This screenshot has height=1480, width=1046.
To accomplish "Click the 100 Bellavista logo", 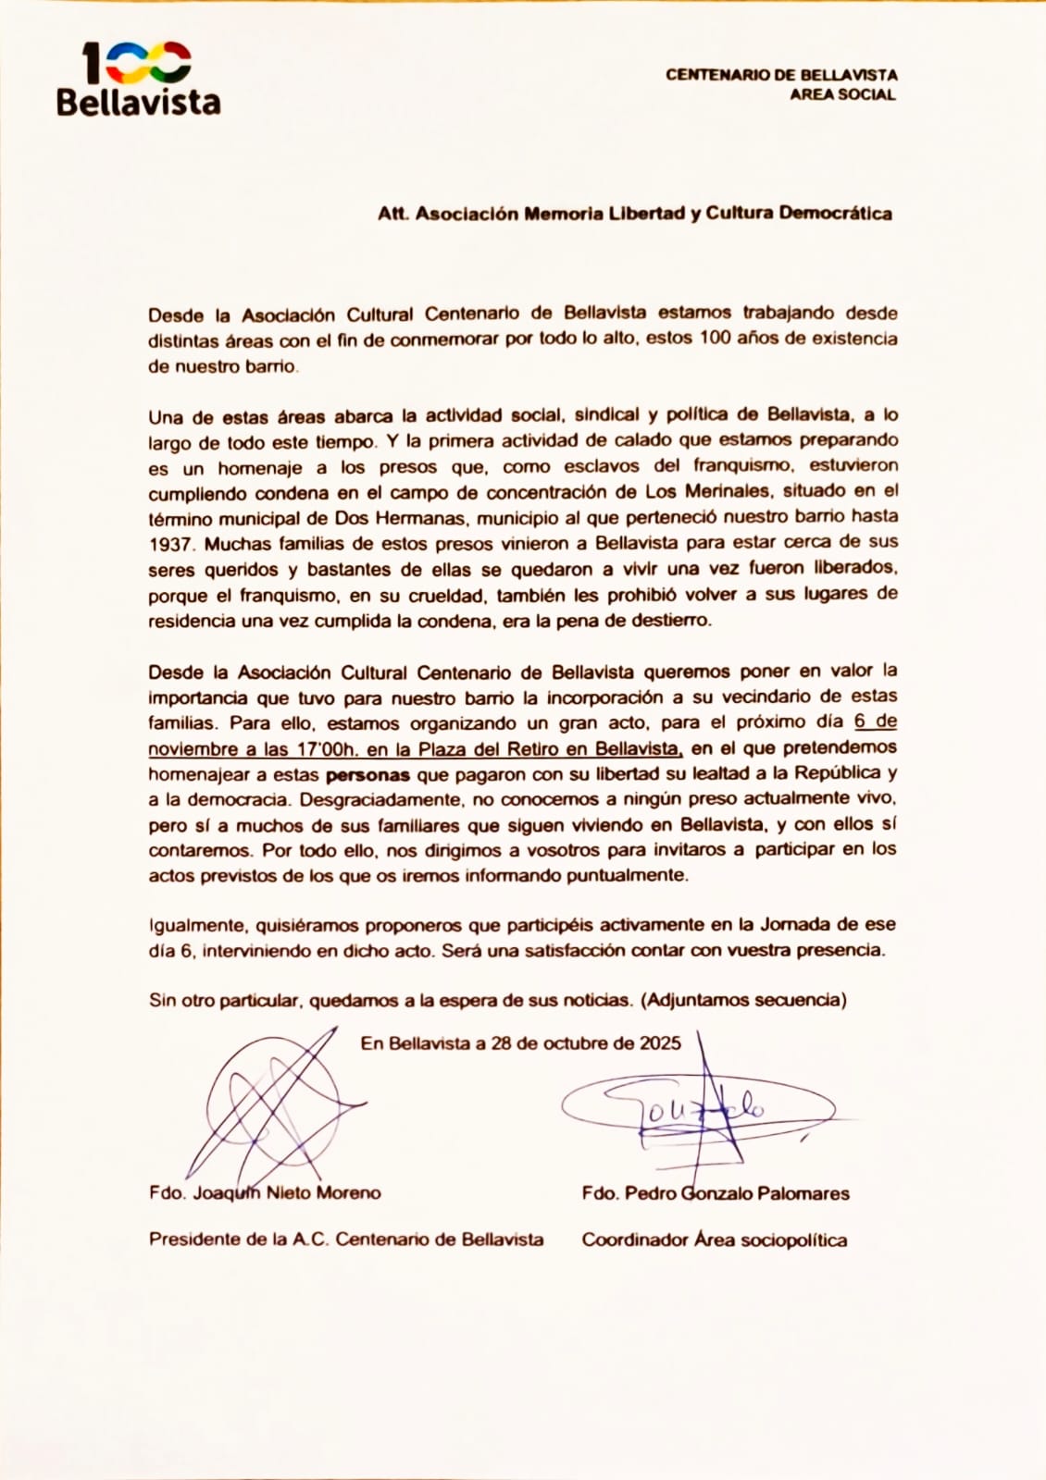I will (138, 80).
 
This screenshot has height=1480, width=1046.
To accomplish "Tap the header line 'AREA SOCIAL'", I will (842, 94).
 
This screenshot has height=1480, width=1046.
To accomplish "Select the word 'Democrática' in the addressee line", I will (835, 213).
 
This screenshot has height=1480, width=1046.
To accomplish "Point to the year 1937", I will (169, 544).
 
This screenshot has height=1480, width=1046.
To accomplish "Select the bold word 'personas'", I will (367, 775).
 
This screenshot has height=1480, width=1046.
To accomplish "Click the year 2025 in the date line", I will (660, 1043).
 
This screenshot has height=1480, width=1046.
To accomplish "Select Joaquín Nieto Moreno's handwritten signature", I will (273, 1102).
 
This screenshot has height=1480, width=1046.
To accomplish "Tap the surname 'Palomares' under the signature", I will (803, 1193).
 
